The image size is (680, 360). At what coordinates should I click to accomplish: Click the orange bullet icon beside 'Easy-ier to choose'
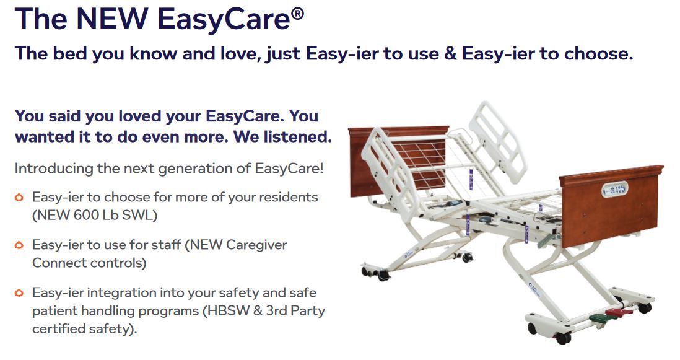coord(20,198)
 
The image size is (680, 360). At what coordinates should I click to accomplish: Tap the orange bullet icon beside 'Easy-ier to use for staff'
coord(20,245)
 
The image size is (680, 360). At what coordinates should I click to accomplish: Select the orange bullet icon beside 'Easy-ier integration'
coord(20,292)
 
